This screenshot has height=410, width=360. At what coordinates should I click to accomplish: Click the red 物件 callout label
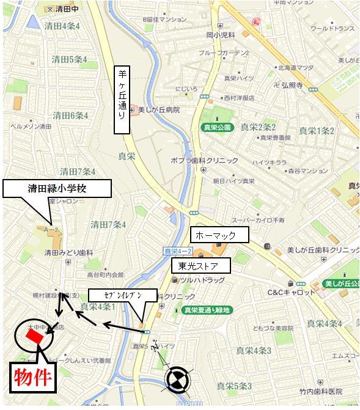[x=32, y=378]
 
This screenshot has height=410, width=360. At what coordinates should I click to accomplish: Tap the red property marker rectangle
[x=34, y=334]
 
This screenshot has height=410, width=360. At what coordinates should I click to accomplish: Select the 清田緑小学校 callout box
[x=57, y=189]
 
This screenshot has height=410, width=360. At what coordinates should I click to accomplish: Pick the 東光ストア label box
[x=200, y=266]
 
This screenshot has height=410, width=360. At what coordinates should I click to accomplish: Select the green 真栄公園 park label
[x=216, y=127]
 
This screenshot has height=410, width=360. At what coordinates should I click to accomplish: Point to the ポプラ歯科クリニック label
[x=205, y=161]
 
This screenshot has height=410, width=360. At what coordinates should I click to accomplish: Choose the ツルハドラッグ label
[x=203, y=280]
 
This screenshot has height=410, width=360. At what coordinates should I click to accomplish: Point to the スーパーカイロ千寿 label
[x=254, y=219]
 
